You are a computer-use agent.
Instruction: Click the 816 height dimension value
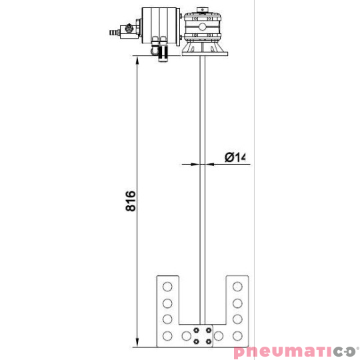[131, 201]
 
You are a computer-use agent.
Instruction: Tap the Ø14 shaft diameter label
[235, 157]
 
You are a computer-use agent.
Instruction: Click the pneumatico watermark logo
[296, 352]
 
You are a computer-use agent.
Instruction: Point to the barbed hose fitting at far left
[115, 32]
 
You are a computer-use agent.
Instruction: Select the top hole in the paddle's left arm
[167, 287]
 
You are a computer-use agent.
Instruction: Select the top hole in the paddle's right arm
[237, 287]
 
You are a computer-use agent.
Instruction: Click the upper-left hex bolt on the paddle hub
[196, 331]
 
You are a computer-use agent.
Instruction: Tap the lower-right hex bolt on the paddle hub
[209, 341]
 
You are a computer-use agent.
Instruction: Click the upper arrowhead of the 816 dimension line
[137, 61]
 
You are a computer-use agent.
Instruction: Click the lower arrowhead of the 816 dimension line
[137, 343]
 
